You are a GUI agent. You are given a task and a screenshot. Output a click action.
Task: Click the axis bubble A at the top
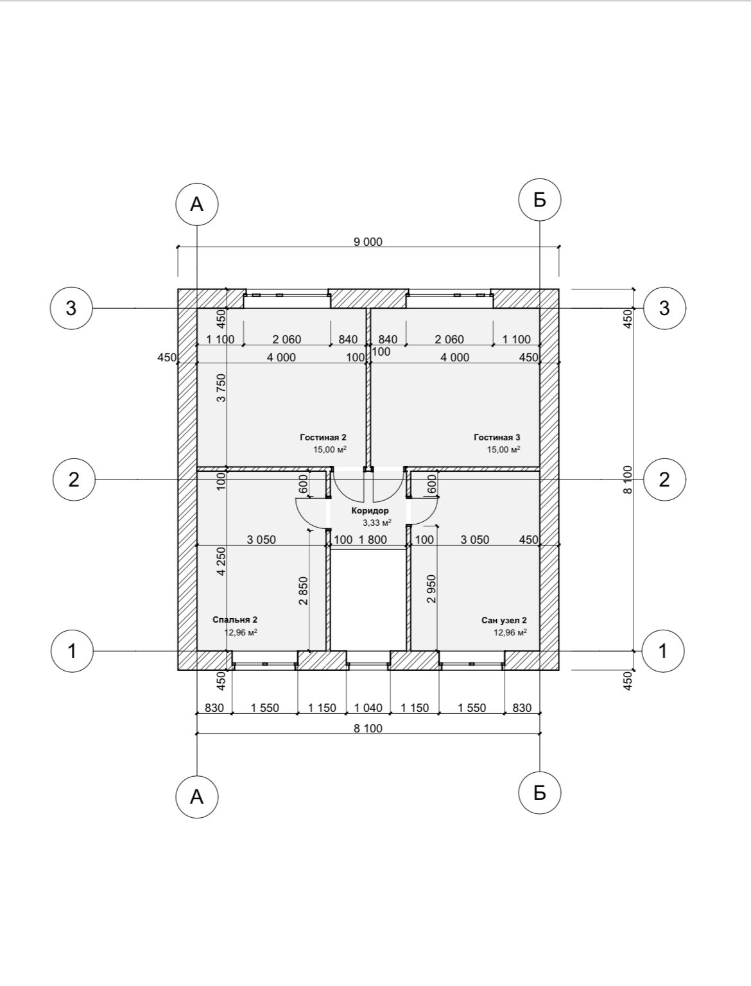(x=196, y=205)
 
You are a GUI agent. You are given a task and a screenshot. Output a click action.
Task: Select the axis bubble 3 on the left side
(x=71, y=308)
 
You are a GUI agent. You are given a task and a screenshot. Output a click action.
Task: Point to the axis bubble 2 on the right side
(x=664, y=480)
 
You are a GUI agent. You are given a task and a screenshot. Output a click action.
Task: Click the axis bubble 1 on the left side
(x=71, y=651)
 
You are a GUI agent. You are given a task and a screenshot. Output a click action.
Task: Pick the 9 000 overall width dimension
(x=368, y=241)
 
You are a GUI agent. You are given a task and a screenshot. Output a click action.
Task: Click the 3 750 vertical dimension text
(x=221, y=388)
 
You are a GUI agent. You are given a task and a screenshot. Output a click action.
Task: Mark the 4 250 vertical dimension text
(x=221, y=560)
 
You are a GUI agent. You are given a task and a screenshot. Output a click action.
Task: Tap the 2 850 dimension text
(x=304, y=591)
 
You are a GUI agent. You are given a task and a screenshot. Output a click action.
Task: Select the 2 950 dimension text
(x=431, y=589)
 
